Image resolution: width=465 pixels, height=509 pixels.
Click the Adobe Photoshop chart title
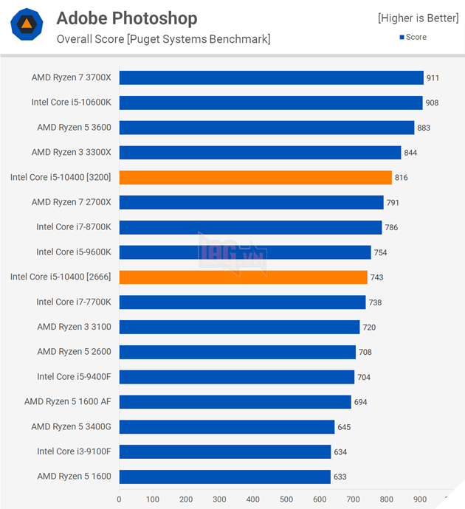pyautogui.click(x=127, y=18)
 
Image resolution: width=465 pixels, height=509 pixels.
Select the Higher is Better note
pyautogui.click(x=418, y=18)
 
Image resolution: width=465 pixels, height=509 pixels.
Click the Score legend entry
pyautogui.click(x=413, y=37)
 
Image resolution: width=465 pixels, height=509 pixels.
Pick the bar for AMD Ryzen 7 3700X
pyautogui.click(x=271, y=77)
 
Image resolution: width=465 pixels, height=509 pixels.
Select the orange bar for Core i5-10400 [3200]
pyautogui.click(x=255, y=177)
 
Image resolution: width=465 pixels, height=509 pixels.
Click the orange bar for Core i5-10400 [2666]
pyautogui.click(x=243, y=277)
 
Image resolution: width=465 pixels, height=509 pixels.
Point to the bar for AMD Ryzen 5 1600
pyautogui.click(x=224, y=477)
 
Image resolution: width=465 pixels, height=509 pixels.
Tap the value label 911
pyautogui.click(x=433, y=77)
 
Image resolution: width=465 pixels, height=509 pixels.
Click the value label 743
pyautogui.click(x=377, y=277)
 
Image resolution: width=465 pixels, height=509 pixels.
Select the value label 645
pyautogui.click(x=345, y=427)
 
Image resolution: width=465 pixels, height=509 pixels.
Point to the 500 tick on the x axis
pyautogui.click(x=286, y=499)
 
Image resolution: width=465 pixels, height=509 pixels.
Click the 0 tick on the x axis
pyautogui.click(x=119, y=499)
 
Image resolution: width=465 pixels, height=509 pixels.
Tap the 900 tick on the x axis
pyautogui.click(x=419, y=499)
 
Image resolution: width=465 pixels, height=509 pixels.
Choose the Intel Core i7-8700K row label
pyautogui.click(x=74, y=227)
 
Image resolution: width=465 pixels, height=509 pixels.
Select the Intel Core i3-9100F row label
pyautogui.click(x=74, y=451)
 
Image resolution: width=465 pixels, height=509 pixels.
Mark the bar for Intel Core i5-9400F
pyautogui.click(x=236, y=377)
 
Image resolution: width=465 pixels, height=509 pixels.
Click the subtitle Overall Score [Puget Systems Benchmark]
pyautogui.click(x=163, y=39)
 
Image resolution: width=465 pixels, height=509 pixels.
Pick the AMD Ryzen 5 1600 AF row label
pyautogui.click(x=68, y=402)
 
